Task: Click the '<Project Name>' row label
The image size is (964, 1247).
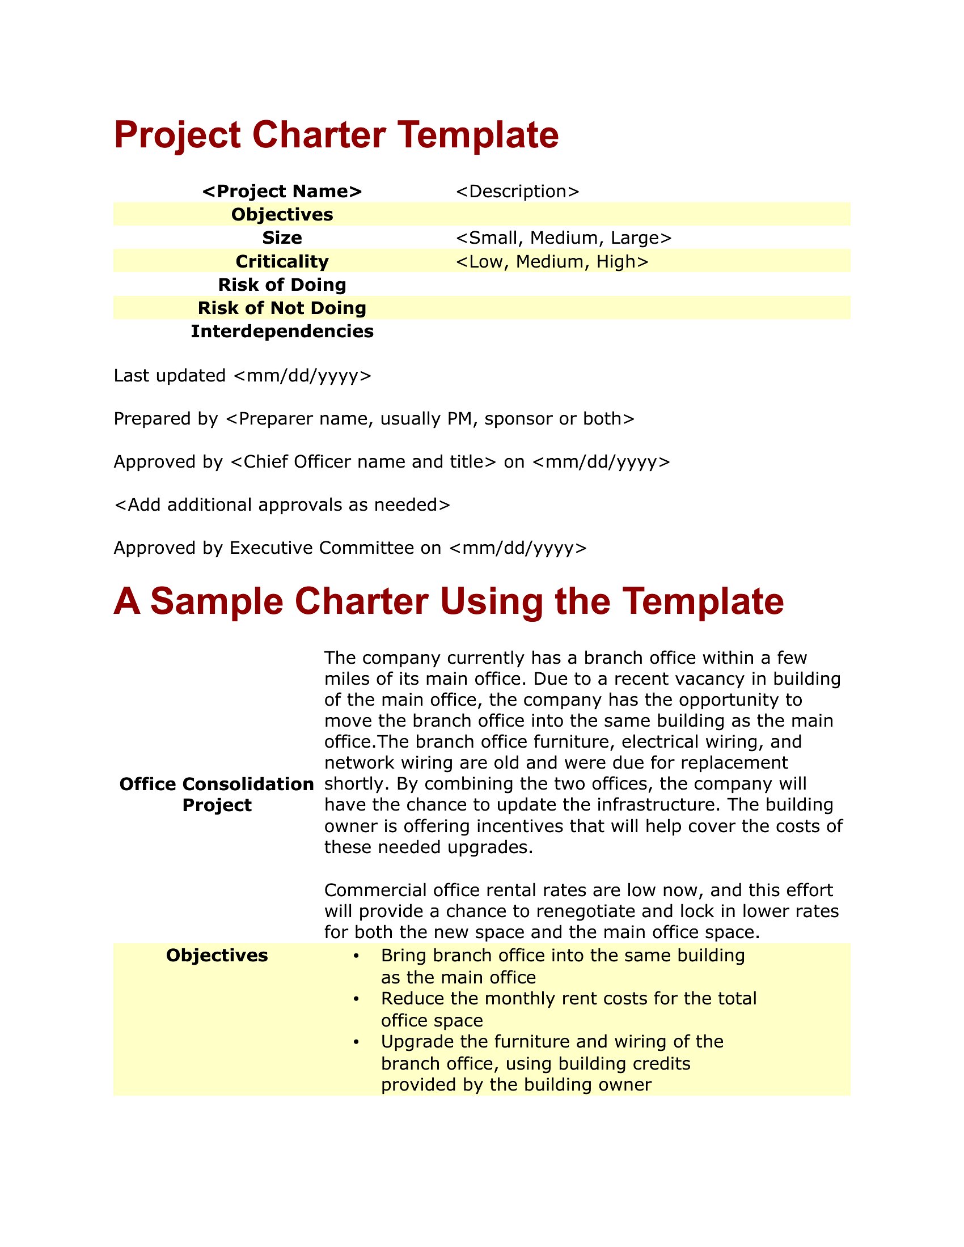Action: (x=282, y=191)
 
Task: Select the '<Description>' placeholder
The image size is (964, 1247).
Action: (x=517, y=191)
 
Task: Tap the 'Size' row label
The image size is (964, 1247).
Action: (x=282, y=237)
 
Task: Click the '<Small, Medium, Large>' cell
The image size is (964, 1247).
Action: (x=564, y=237)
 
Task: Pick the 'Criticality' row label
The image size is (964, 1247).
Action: (x=282, y=261)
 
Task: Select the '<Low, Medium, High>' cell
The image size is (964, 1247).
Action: (x=552, y=261)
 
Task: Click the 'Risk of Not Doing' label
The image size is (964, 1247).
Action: (x=282, y=308)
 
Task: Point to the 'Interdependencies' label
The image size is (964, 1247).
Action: (x=282, y=331)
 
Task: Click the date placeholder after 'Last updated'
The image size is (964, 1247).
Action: (x=303, y=376)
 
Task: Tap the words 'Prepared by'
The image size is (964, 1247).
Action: (x=166, y=418)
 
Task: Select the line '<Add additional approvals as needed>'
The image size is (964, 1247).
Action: (x=282, y=504)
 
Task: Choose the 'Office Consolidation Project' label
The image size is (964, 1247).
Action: (x=217, y=794)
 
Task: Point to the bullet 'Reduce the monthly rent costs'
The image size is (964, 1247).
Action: (x=568, y=998)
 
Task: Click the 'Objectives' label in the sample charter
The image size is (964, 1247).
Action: (x=217, y=955)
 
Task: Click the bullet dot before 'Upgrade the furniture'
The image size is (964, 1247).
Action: (x=356, y=1042)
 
